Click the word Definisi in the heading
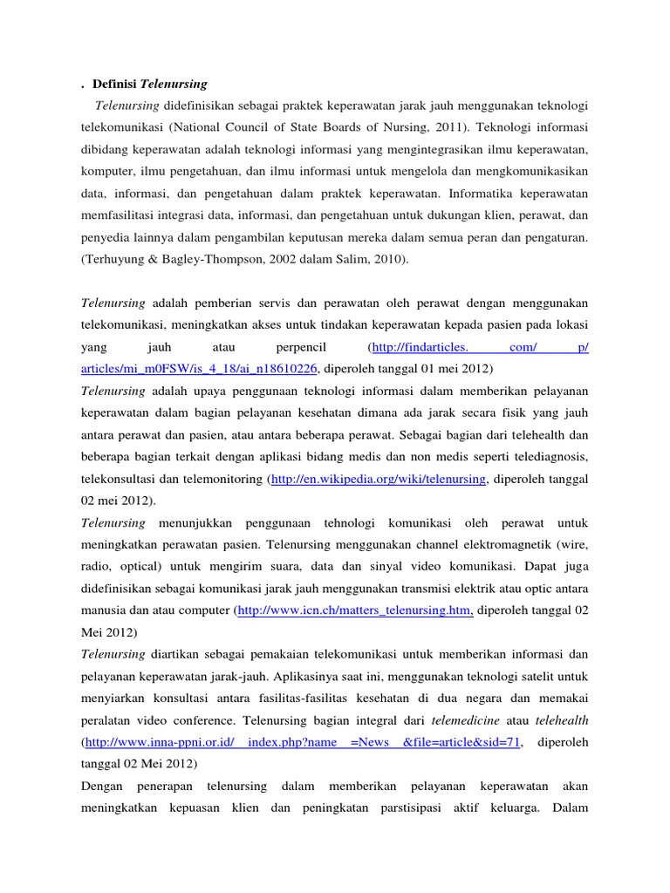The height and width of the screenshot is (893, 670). tap(115, 85)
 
